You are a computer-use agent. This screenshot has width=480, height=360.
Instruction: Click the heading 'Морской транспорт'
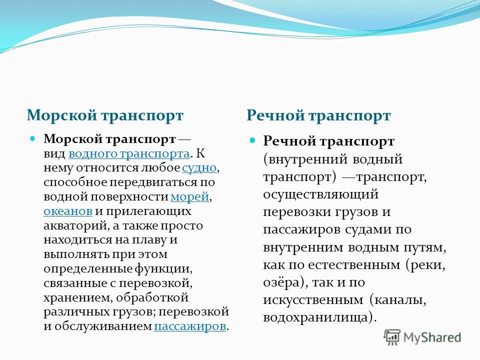tap(105, 115)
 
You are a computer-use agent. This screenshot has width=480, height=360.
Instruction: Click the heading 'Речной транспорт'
tap(318, 115)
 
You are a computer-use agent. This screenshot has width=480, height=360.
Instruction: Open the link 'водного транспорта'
tap(129, 153)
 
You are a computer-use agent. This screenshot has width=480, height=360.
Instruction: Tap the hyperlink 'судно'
tap(199, 168)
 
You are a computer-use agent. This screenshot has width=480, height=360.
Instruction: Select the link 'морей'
tap(190, 196)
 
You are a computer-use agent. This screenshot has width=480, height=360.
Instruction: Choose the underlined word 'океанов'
tap(68, 211)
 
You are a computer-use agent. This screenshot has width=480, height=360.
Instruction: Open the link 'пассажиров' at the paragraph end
tap(190, 326)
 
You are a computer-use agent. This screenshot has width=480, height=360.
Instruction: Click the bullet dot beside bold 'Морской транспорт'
tap(32, 138)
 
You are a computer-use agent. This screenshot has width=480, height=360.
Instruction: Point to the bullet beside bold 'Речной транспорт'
tap(252, 140)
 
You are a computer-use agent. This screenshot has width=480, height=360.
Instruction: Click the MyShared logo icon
tap(392, 337)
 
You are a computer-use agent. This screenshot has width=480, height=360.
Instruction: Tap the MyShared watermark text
tap(432, 337)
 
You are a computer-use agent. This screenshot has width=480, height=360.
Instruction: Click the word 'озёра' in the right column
tap(281, 282)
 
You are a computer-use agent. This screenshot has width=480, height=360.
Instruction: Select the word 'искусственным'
tap(313, 300)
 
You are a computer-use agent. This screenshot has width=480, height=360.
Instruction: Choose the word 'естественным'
tap(354, 265)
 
